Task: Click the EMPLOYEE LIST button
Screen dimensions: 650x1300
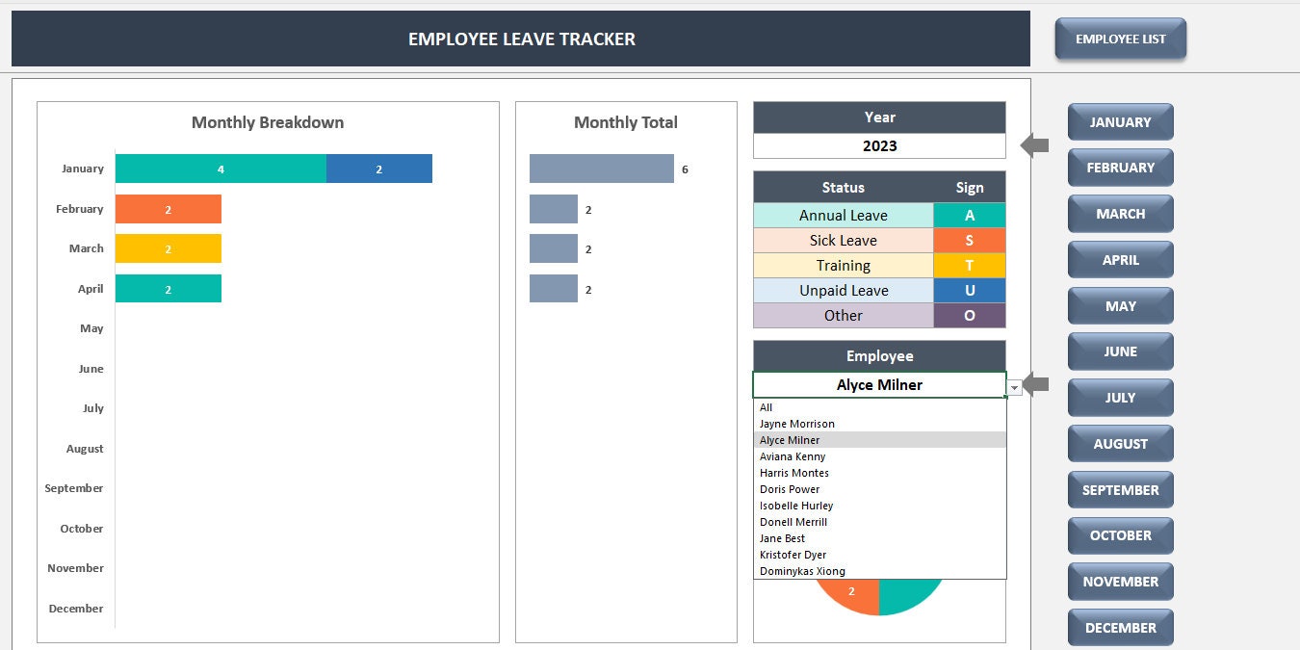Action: pyautogui.click(x=1120, y=39)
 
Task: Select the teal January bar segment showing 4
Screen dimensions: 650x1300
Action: pyautogui.click(x=221, y=169)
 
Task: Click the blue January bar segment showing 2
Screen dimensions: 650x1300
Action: pyautogui.click(x=378, y=169)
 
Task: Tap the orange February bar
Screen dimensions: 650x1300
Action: pyautogui.click(x=169, y=209)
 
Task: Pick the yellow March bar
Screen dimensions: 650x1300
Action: pyautogui.click(x=169, y=248)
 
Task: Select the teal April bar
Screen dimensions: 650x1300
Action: pyautogui.click(x=169, y=289)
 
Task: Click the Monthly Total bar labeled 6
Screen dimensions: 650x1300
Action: pyautogui.click(x=601, y=169)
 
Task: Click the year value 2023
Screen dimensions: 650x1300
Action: pyautogui.click(x=879, y=146)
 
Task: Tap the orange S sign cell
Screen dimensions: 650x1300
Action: pyautogui.click(x=969, y=241)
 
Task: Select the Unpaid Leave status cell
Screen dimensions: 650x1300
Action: pyautogui.click(x=843, y=291)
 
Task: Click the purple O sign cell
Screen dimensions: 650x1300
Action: pyautogui.click(x=969, y=316)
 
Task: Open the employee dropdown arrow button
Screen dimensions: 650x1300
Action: pyautogui.click(x=1014, y=386)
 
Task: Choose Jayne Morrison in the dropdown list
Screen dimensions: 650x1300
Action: pyautogui.click(x=797, y=424)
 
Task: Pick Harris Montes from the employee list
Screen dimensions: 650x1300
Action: pyautogui.click(x=794, y=473)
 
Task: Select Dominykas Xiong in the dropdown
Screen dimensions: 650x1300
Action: pyautogui.click(x=802, y=571)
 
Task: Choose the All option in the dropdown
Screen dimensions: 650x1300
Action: pyautogui.click(x=767, y=407)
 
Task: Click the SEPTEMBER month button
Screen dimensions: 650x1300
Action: pyautogui.click(x=1120, y=490)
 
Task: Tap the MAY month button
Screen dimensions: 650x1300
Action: pyautogui.click(x=1120, y=306)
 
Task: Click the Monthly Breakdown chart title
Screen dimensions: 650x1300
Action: pyautogui.click(x=268, y=122)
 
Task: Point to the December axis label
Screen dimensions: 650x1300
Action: pyautogui.click(x=76, y=609)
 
